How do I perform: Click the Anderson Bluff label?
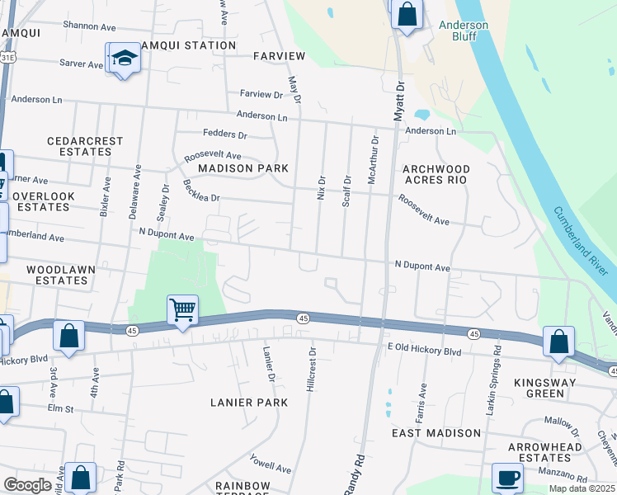tap(463, 31)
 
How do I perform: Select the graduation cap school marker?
tap(124, 58)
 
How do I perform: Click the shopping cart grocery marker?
tap(182, 310)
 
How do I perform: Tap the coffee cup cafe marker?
tap(507, 478)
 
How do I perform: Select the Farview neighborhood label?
tap(280, 56)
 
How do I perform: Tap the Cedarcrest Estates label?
tap(79, 146)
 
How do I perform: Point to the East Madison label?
tap(436, 433)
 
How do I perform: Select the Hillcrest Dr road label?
tap(312, 373)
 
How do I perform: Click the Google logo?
tap(27, 485)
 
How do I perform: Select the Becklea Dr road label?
tap(202, 192)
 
